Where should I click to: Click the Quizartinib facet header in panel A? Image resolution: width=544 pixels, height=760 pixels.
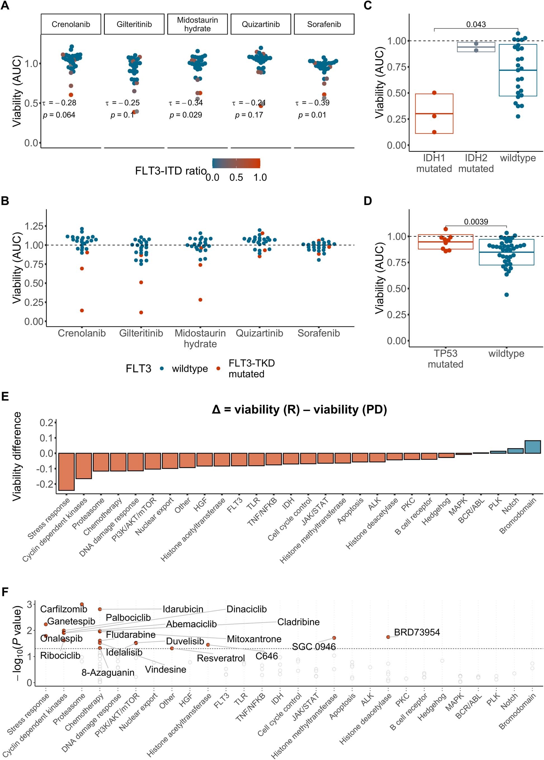(261, 24)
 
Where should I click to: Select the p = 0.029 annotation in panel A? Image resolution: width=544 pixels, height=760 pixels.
(186, 115)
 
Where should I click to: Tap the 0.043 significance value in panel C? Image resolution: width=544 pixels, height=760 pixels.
(476, 24)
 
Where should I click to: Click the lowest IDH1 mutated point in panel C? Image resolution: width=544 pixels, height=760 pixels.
(434, 132)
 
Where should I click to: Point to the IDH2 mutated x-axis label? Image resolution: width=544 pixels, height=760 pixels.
(476, 163)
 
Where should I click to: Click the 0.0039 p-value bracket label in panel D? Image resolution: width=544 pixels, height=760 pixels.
(476, 222)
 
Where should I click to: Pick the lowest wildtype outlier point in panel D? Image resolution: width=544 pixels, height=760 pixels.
(507, 295)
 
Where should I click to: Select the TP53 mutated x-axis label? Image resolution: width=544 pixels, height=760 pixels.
(445, 358)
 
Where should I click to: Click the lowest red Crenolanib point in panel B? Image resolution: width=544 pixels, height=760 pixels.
(82, 310)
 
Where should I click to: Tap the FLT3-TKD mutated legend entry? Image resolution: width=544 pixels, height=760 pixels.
(251, 368)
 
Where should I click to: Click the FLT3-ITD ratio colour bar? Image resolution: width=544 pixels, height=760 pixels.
(236, 163)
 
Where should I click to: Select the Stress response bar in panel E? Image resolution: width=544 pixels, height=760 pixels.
(66, 471)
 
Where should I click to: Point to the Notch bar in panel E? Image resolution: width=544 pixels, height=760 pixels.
(515, 451)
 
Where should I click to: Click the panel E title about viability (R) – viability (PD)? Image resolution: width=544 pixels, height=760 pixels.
(299, 409)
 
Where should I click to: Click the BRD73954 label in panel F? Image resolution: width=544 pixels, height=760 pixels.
(417, 632)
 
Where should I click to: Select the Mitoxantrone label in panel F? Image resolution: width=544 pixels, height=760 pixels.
(254, 639)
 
